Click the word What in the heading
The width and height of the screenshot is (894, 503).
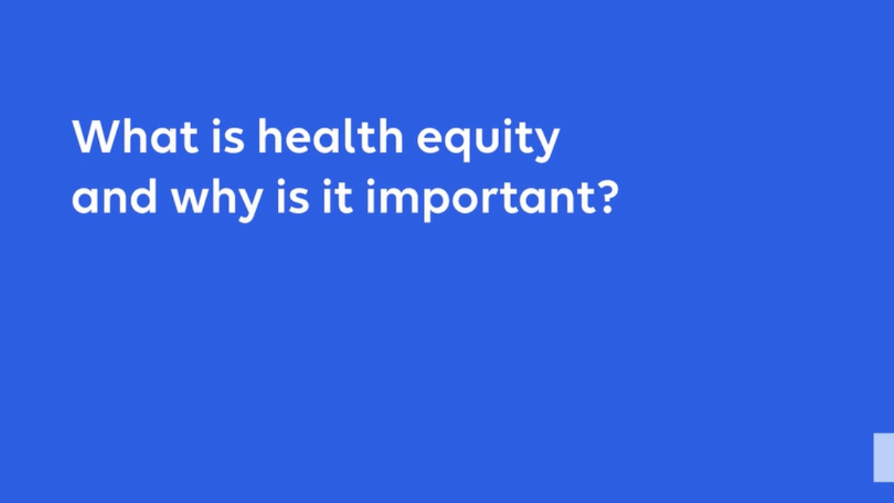(135, 137)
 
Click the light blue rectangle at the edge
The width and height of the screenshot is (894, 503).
(883, 457)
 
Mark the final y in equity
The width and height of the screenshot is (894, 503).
(547, 143)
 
